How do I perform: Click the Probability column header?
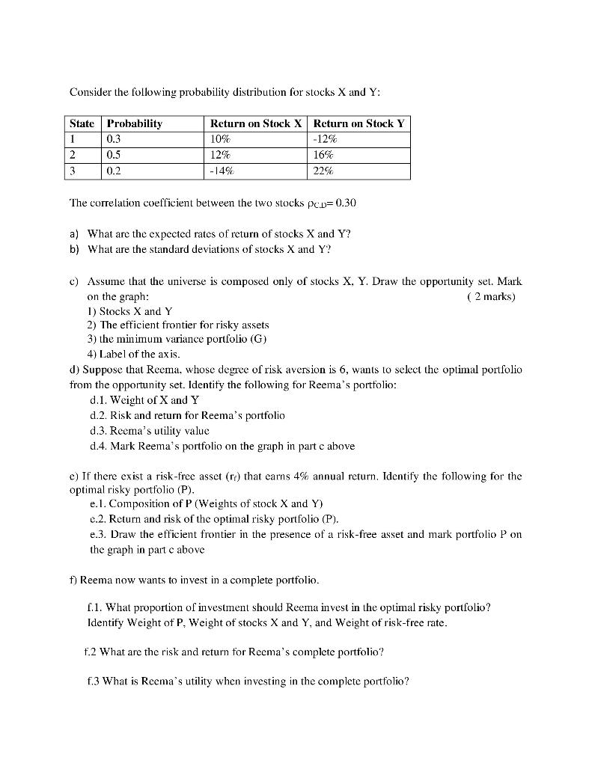pos(135,123)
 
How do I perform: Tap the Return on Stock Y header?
pos(359,123)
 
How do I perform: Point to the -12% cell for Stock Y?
pos(326,139)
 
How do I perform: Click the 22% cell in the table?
pos(323,171)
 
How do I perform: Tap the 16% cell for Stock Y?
pos(323,155)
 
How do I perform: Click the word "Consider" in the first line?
pos(91,92)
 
